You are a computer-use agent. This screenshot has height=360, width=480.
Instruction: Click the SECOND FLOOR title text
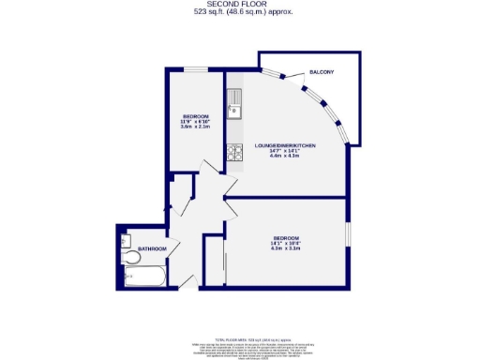(x=240, y=4)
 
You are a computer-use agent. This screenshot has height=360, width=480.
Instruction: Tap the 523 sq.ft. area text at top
(x=240, y=11)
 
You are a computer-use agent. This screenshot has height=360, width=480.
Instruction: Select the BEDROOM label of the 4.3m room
(x=285, y=238)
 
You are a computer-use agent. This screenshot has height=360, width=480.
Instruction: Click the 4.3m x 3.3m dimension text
(x=285, y=249)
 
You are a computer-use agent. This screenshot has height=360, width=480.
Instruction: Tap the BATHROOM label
(x=152, y=248)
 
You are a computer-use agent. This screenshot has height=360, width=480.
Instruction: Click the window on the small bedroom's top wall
(x=196, y=68)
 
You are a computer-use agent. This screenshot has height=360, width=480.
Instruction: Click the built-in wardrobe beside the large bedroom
(x=213, y=258)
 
